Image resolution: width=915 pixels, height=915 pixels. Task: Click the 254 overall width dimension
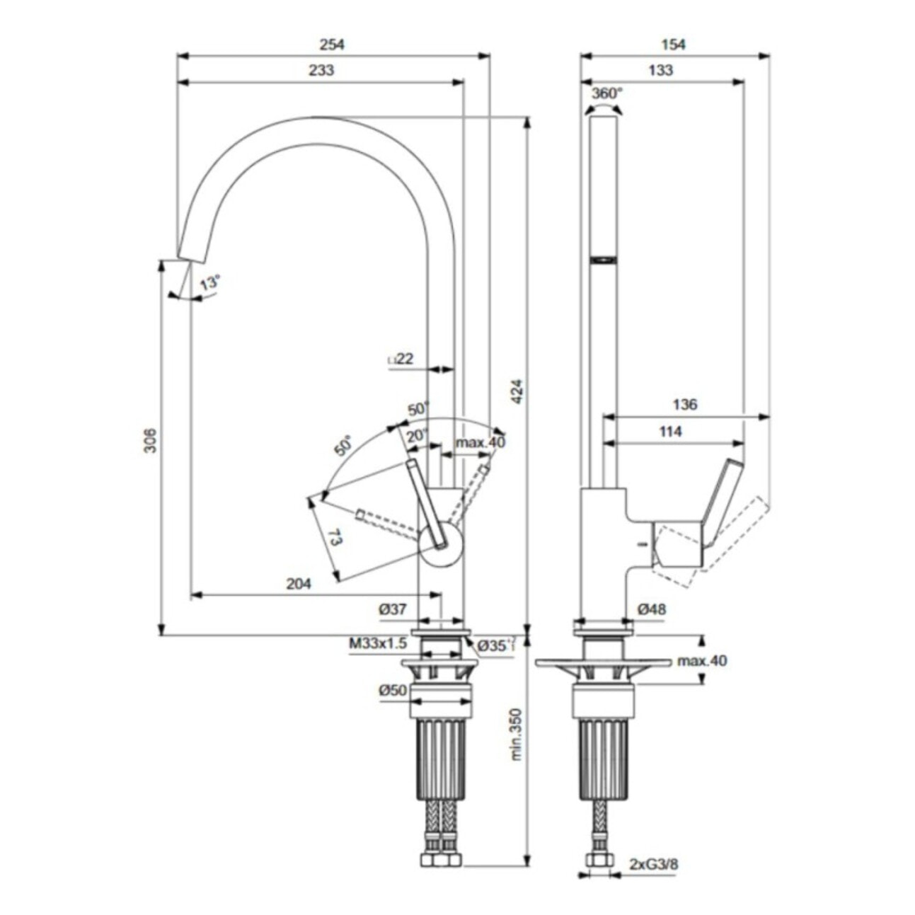[332, 45]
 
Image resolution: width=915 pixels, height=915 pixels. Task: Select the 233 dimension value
[321, 70]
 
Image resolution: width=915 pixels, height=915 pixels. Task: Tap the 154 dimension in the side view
[673, 45]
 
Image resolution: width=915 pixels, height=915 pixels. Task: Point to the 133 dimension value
[660, 70]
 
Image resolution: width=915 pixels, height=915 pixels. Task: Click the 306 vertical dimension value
[150, 441]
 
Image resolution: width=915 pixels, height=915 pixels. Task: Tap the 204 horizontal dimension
[299, 584]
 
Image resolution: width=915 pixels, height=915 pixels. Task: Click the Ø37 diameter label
[393, 609]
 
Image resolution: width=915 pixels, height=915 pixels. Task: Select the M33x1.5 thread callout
[378, 644]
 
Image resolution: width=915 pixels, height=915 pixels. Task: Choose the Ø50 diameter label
[393, 691]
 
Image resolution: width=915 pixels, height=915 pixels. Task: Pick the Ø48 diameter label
[652, 609]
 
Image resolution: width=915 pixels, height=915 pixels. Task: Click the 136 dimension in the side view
[685, 405]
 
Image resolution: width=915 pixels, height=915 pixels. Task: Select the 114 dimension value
[670, 432]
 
